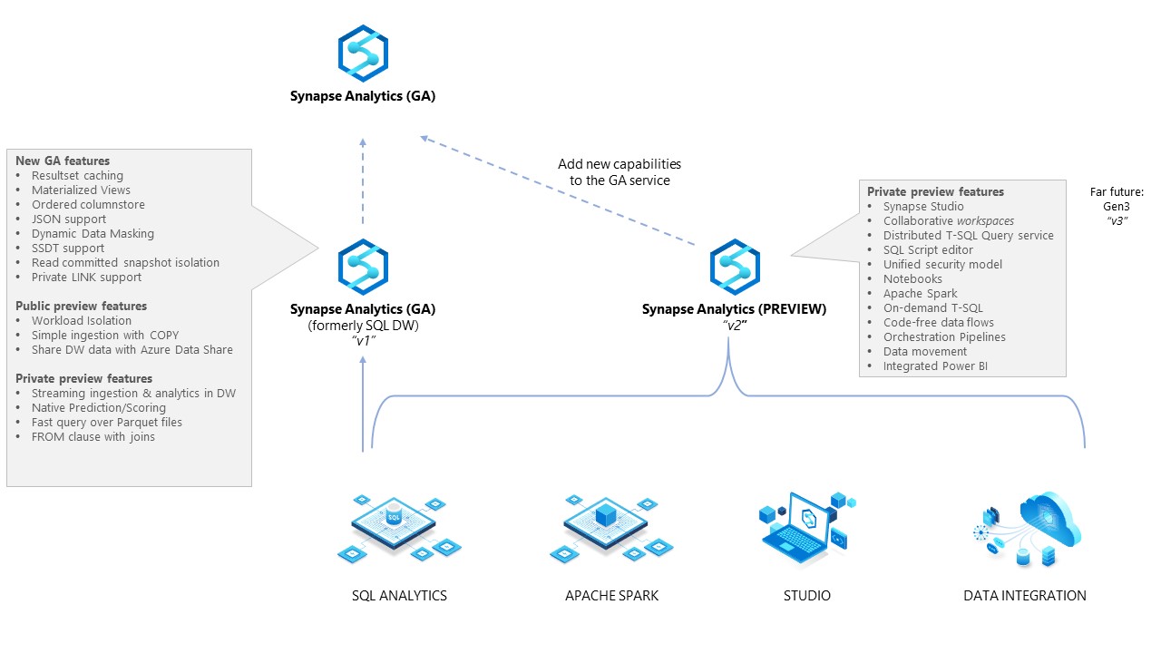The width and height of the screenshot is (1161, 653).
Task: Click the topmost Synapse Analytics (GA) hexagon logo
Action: coord(363,54)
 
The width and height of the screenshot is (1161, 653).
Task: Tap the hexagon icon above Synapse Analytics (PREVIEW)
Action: coord(735,267)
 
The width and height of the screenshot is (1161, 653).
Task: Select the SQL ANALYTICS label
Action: coord(399,596)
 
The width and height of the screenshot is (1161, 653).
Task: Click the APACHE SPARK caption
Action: coord(611,596)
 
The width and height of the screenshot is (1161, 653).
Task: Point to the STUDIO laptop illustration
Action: coord(806,529)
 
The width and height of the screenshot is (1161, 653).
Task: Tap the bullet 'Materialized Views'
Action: coord(81,190)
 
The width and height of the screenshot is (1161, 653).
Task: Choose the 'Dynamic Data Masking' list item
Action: coord(93,234)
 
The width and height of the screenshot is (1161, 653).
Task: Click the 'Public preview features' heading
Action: coord(81,307)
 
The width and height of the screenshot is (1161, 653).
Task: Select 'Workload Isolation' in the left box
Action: coord(82,321)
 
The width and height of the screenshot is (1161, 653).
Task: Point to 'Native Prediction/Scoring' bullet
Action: coord(99,408)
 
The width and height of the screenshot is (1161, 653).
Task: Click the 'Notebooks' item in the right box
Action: coord(912,278)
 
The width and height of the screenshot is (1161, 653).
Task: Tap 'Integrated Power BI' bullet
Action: coord(935,365)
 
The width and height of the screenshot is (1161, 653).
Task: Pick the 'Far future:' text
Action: coord(1117,191)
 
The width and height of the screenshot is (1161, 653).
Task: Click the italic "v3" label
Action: coord(1117,220)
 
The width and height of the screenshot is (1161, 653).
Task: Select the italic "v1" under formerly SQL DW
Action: coord(364,341)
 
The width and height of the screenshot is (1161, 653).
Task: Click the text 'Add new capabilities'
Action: coord(620,164)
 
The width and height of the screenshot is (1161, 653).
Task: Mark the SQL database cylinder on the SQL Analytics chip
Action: coord(394,513)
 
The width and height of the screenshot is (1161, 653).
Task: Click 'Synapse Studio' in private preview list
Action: coord(923,206)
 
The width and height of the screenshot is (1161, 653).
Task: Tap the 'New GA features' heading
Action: coord(63,161)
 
